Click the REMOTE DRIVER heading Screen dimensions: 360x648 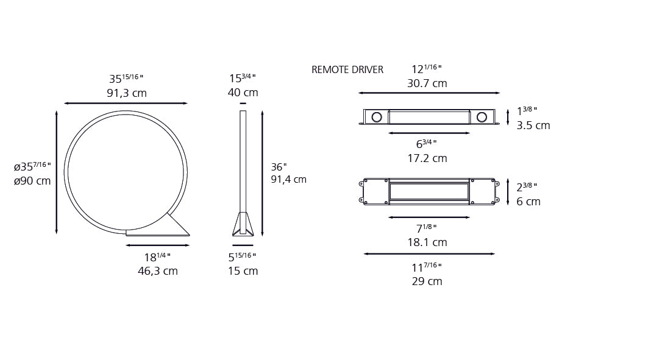pyautogui.click(x=347, y=70)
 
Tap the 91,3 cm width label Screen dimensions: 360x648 pyautogui.click(x=127, y=93)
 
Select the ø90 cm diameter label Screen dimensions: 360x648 pyautogui.click(x=32, y=181)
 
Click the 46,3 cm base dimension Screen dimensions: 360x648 pyautogui.click(x=158, y=271)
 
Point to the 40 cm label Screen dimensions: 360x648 pyautogui.click(x=243, y=93)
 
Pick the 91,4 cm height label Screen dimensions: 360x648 pyautogui.click(x=288, y=179)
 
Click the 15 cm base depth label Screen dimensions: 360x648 pyautogui.click(x=243, y=271)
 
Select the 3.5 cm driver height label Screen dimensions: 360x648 pyautogui.click(x=533, y=125)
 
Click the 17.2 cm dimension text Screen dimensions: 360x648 pyautogui.click(x=427, y=158)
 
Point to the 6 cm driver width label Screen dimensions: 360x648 pyautogui.click(x=528, y=202)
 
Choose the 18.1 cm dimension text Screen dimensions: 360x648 pyautogui.click(x=427, y=242)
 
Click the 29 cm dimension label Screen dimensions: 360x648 pyautogui.click(x=427, y=281)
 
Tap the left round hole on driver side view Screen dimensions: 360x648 pyautogui.click(x=376, y=117)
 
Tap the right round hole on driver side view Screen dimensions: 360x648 pyautogui.click(x=482, y=117)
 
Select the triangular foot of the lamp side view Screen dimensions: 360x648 pyautogui.click(x=243, y=224)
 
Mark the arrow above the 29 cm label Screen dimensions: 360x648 pyautogui.click(x=429, y=254)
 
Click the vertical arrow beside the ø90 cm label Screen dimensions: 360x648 pyautogui.click(x=57, y=172)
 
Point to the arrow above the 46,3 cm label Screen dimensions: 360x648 pyautogui.click(x=158, y=245)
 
